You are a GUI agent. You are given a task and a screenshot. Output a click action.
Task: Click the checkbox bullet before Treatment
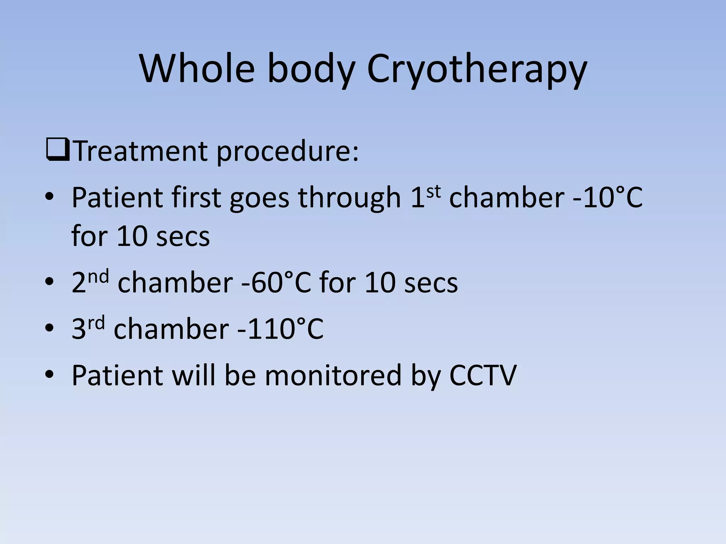[x=57, y=150]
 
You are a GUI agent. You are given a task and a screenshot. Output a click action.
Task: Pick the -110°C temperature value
[x=280, y=329]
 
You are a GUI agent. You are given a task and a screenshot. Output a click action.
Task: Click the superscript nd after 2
[x=98, y=276]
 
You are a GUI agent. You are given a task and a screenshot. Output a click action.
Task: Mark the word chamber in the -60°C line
[x=175, y=283]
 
